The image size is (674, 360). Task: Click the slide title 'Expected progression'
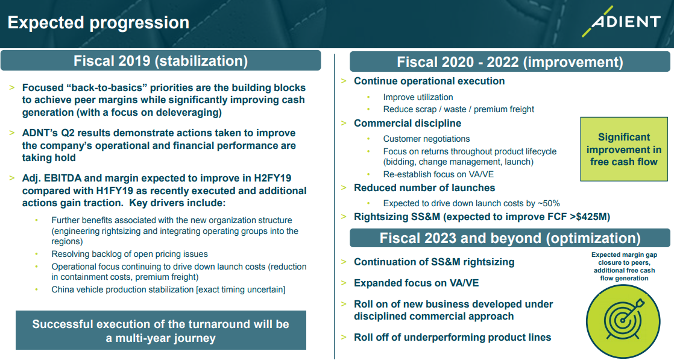click(x=98, y=23)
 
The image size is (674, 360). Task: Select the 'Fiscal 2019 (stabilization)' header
click(x=161, y=61)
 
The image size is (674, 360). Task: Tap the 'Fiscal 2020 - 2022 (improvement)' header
click(x=510, y=62)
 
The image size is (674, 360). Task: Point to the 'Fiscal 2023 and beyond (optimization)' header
click(x=510, y=238)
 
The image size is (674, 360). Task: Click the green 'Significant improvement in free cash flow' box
click(x=624, y=150)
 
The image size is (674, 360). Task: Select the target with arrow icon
click(x=623, y=320)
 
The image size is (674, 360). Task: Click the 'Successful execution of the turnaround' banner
click(x=161, y=330)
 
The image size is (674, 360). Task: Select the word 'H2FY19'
click(x=272, y=178)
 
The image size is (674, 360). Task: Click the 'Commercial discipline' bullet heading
click(x=408, y=124)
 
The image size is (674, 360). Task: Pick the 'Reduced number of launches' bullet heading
click(x=424, y=188)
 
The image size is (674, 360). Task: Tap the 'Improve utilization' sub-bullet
click(x=418, y=97)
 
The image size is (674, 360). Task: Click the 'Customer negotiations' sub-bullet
click(x=426, y=139)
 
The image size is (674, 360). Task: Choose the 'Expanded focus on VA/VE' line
click(x=416, y=283)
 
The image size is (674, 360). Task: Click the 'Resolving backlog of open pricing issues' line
click(x=130, y=254)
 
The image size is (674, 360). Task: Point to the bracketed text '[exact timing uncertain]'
click(x=241, y=289)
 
